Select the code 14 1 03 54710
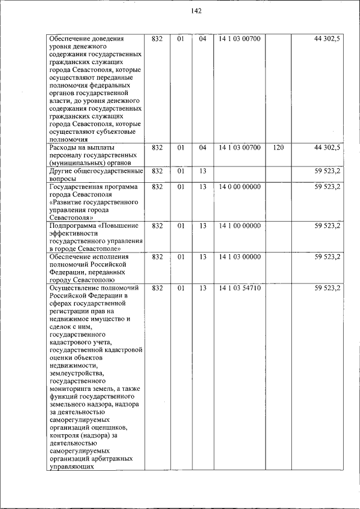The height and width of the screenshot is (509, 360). [239, 288]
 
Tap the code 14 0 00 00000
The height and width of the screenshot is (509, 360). [239, 187]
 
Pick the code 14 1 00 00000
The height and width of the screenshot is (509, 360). [239, 226]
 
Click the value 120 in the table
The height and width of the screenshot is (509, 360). [278, 147]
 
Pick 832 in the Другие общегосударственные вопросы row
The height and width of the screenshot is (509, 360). [157, 171]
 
